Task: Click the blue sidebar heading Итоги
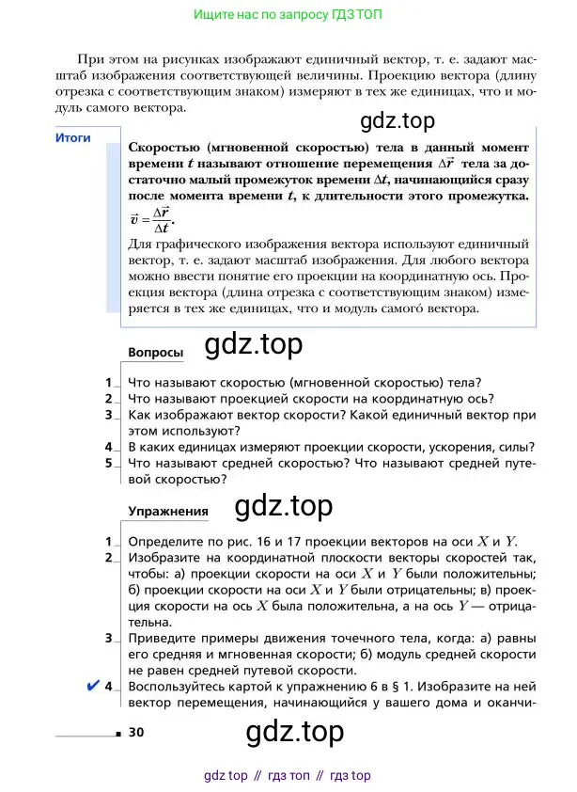point(72,137)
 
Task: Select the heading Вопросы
point(155,352)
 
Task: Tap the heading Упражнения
point(167,511)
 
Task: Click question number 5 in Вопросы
point(109,463)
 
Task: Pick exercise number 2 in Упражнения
point(109,558)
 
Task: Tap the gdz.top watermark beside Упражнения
point(283,506)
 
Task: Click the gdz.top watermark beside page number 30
point(294,731)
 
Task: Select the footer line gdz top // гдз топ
point(288,776)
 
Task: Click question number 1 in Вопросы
point(109,382)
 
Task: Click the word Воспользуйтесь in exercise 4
point(175,687)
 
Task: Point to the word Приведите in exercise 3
point(161,639)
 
